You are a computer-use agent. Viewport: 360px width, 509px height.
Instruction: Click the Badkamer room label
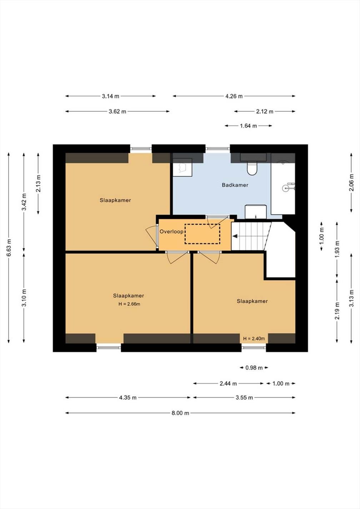(x=235, y=185)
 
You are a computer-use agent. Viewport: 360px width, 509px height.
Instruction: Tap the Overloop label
(x=171, y=231)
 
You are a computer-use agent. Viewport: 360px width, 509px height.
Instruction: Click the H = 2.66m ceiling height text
(x=129, y=304)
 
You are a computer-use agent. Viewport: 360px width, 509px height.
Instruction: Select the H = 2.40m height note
(x=254, y=339)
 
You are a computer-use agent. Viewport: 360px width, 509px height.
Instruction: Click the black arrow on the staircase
(x=235, y=236)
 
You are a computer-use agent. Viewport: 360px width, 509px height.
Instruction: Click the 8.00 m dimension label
(x=180, y=413)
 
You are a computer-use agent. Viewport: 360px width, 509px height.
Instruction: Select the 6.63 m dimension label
(x=9, y=248)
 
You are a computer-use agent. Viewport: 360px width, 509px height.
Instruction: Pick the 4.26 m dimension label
(x=234, y=96)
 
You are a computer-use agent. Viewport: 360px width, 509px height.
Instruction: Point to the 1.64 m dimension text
(x=248, y=126)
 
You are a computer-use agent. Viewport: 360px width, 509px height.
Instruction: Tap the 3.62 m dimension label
(x=117, y=111)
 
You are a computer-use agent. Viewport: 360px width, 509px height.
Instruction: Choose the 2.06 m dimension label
(x=351, y=183)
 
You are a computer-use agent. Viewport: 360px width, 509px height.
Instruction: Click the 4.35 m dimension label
(x=128, y=398)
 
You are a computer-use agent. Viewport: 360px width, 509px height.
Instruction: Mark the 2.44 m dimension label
(x=228, y=384)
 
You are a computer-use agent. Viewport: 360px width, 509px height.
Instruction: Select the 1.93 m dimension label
(x=337, y=250)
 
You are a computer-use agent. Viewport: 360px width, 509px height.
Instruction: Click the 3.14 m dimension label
(x=110, y=96)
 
